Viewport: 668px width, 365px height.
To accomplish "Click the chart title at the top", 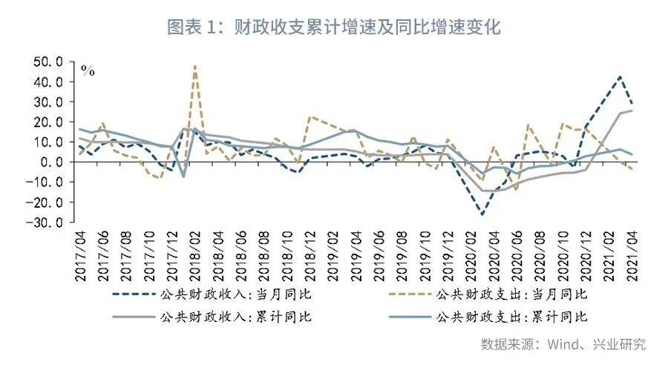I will [x=334, y=28].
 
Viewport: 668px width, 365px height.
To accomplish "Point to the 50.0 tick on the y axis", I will [x=50, y=62].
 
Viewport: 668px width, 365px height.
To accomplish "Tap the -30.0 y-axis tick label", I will [x=49, y=222].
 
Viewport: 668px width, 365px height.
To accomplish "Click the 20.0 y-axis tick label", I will [x=50, y=122].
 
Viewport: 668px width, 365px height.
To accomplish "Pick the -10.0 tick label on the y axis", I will [x=49, y=182].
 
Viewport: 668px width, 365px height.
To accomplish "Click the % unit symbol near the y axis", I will [x=88, y=71].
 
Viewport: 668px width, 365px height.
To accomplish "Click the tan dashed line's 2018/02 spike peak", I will [x=194, y=66].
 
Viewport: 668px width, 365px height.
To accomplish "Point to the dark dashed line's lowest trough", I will [x=482, y=215].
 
